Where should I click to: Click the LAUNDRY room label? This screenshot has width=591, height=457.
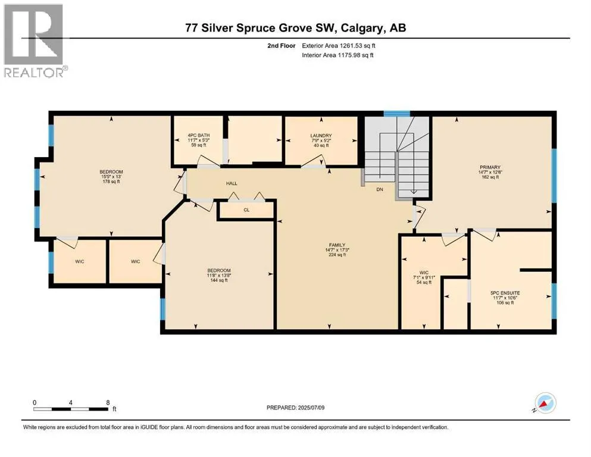321,136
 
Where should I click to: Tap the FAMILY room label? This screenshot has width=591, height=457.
337,245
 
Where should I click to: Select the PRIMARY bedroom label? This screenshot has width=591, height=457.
490,167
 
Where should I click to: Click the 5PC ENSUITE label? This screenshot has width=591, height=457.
505,293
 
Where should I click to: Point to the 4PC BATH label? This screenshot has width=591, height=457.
199,135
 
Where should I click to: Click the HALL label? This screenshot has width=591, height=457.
232,183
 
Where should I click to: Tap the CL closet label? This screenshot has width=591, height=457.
246,210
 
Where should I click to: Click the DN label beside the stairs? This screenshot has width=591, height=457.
380,189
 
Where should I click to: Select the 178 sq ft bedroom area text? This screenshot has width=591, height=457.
111,181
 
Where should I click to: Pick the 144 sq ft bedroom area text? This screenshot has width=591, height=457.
219,280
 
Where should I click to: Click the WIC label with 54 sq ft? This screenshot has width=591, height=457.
424,273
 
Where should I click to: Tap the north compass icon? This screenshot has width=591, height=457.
545,403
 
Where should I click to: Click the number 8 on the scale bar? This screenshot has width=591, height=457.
108,402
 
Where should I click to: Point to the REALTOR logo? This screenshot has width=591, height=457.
36,40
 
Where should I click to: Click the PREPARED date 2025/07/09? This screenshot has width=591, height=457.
311,408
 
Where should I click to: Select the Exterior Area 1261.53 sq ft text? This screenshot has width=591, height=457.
339,46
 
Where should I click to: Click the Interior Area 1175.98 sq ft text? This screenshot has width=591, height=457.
337,55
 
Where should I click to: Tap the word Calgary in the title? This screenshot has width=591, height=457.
361,28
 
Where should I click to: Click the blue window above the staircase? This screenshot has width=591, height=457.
396,114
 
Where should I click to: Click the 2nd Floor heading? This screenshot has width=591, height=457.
282,46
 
